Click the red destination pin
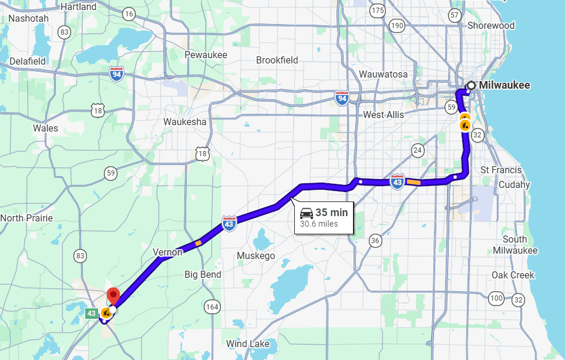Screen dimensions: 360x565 [113, 295]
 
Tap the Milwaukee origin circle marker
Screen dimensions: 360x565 [471, 85]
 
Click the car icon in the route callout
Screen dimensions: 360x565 [307, 213]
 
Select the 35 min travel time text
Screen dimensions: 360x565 [332, 212]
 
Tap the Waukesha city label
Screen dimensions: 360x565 [185, 122]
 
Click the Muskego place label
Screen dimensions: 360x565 [255, 255]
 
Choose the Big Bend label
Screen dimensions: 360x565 [203, 274]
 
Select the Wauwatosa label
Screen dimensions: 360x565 [383, 74]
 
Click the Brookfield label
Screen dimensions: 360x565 [277, 60]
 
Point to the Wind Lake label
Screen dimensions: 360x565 [248, 344]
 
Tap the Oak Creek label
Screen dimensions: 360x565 [513, 275]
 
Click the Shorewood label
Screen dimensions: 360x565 [491, 25]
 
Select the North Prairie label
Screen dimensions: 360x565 [26, 218]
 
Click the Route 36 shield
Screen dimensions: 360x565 [375, 240]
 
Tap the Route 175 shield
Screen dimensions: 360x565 [378, 11]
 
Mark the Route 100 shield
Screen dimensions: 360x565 [496, 298]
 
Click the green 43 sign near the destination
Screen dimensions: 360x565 [92, 314]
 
